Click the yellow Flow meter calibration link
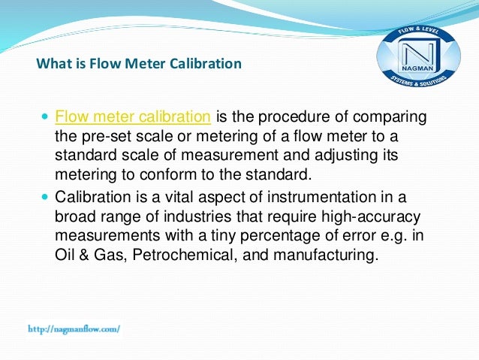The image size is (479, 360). (133, 117)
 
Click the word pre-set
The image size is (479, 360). (101, 136)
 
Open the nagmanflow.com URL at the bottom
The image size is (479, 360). (74, 328)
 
